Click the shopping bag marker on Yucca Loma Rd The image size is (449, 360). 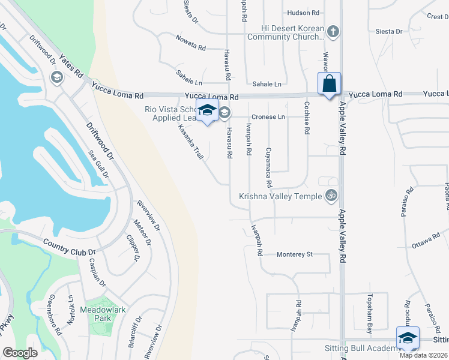point(330,83)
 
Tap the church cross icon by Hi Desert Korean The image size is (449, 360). point(334,31)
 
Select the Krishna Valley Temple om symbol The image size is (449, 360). point(330,195)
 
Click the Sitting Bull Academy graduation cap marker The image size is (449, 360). point(408,338)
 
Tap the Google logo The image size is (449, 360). point(20,353)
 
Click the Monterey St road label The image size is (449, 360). point(295,254)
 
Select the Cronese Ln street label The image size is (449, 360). point(268,116)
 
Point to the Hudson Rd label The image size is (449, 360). point(303,13)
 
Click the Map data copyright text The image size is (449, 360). point(423,355)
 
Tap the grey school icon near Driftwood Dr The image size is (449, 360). point(56,77)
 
